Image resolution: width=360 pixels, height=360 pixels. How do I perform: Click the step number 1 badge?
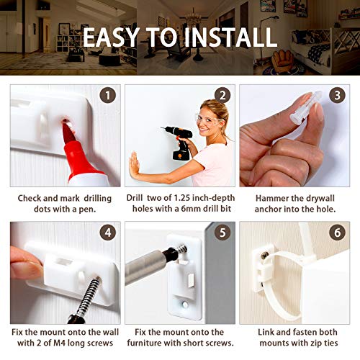(108, 95)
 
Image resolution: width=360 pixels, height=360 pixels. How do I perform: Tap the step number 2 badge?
(222, 95)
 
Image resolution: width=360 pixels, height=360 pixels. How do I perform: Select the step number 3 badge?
(337, 95)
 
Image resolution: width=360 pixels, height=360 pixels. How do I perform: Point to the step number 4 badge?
(108, 233)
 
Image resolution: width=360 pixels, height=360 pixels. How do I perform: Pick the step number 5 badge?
(222, 233)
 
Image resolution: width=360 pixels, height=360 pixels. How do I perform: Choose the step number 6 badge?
(337, 233)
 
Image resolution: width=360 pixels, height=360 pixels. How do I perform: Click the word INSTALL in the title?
(230, 37)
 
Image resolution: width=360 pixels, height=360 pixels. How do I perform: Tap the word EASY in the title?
(111, 37)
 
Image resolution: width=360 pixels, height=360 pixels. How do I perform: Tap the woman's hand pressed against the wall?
(135, 165)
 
